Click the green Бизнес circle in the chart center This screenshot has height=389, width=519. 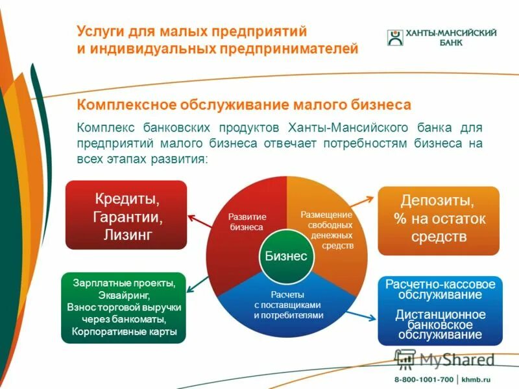click(x=285, y=255)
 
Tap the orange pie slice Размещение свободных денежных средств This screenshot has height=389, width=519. click(x=331, y=220)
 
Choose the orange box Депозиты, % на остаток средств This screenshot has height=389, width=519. click(x=439, y=218)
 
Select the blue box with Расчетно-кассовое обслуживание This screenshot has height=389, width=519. click(x=440, y=309)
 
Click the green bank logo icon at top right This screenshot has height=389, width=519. click(x=394, y=37)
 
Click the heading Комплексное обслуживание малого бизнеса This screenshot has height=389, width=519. click(x=245, y=104)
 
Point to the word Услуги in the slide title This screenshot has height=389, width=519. click(x=97, y=31)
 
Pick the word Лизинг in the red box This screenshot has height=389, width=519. click(x=127, y=234)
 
